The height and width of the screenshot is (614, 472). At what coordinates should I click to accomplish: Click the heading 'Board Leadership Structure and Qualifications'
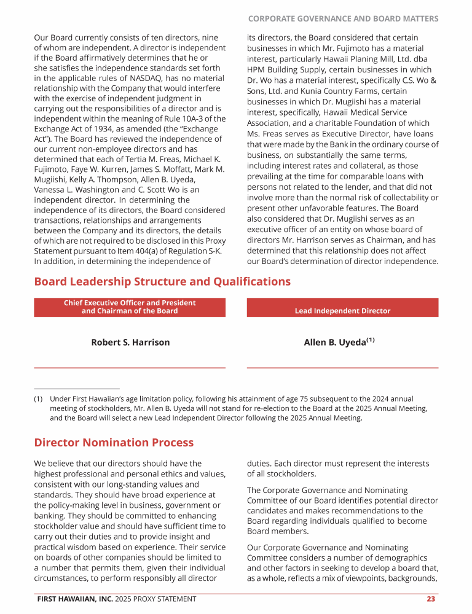(162, 282)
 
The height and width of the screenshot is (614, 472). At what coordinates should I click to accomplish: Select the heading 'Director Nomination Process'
(114, 443)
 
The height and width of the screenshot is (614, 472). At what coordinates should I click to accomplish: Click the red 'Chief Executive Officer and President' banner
(130, 307)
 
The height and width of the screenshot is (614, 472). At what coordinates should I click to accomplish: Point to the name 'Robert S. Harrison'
(130, 342)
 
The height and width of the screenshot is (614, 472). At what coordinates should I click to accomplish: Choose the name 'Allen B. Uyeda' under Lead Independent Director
(335, 343)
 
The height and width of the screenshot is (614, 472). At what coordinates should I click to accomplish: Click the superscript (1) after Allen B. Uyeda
(371, 340)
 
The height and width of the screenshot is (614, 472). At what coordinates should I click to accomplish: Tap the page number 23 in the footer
(431, 599)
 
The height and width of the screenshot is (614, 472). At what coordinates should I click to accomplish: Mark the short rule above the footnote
(76, 389)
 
